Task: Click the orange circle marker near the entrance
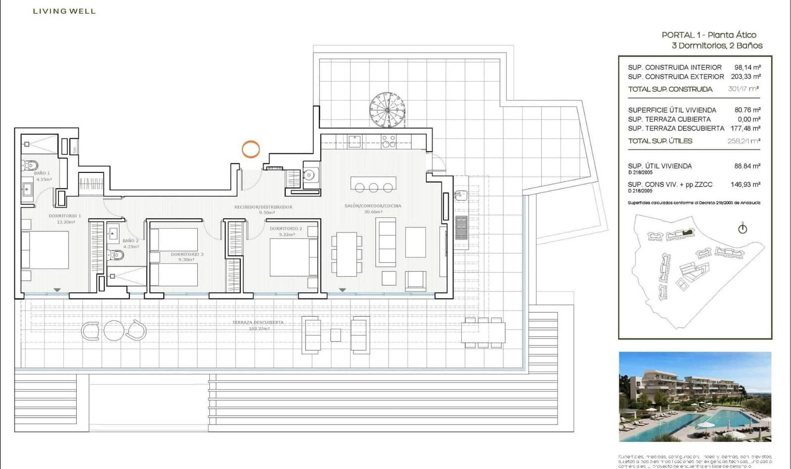[251, 149]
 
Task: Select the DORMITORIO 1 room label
[65, 216]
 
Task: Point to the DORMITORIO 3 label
[187, 255]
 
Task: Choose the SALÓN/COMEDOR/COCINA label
[373, 206]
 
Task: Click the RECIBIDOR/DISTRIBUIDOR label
[263, 207]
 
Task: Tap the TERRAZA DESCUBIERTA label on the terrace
[258, 322]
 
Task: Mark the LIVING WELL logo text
[64, 11]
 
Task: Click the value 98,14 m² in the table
[747, 67]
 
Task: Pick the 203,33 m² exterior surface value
[746, 77]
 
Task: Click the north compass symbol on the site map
[742, 228]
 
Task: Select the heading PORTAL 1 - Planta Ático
[709, 35]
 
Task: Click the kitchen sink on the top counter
[354, 142]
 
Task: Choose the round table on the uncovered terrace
[114, 331]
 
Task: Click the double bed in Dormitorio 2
[293, 257]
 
